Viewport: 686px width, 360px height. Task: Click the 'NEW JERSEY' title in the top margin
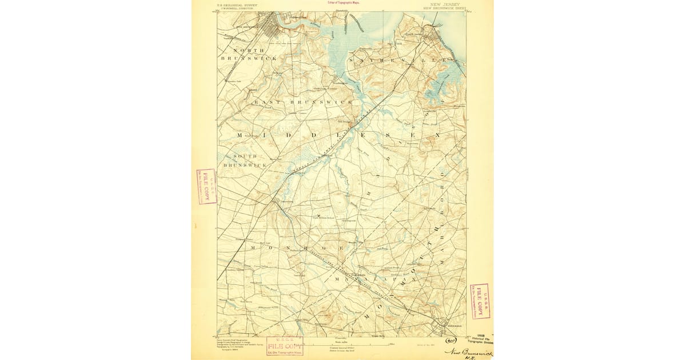coord(444,5)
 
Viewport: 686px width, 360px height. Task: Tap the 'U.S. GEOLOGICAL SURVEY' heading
coord(237,5)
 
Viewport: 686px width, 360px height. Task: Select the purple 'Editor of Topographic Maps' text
coord(344,2)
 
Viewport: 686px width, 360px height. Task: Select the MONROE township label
coord(297,248)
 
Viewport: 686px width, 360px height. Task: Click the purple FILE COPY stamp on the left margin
coord(206,186)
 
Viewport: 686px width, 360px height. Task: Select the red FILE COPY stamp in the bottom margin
coord(285,346)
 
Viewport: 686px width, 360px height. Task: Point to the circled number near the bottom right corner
coord(450,341)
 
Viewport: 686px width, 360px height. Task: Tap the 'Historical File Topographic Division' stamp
coord(480,338)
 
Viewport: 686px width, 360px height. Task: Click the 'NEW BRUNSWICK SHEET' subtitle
coord(445,9)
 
